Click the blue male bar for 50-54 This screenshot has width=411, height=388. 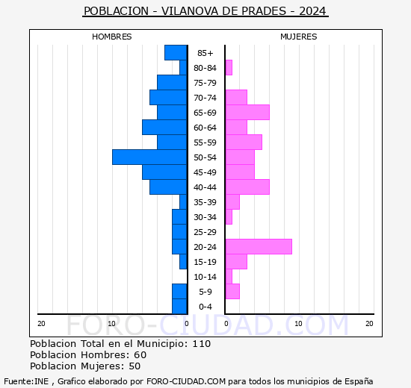(149, 157)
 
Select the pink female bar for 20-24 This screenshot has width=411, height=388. (259, 247)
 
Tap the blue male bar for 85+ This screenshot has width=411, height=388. (176, 53)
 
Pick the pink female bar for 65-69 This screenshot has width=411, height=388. (247, 113)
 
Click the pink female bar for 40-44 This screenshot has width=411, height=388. (247, 187)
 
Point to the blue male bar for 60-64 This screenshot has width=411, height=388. (164, 128)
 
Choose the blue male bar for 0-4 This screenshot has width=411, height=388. (179, 307)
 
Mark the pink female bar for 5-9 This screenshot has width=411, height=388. (232, 292)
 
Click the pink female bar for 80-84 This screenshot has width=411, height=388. (229, 68)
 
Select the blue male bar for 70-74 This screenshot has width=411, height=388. (168, 98)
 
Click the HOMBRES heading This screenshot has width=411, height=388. (112, 37)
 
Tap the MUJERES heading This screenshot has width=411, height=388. (299, 37)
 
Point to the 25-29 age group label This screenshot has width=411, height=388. (205, 232)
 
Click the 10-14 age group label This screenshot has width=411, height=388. (205, 277)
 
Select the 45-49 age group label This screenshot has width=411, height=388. (205, 172)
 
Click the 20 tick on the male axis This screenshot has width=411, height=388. (42, 323)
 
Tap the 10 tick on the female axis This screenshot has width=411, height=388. (297, 323)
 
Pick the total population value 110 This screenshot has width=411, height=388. (201, 344)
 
